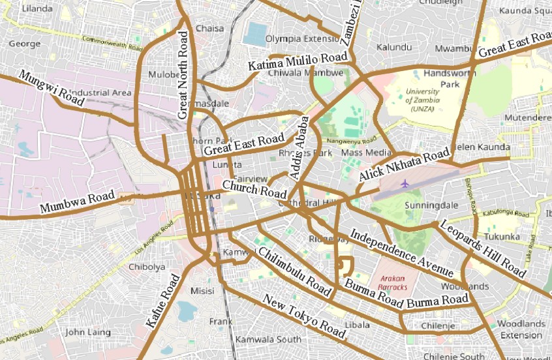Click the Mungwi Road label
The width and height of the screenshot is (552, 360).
point(52,89)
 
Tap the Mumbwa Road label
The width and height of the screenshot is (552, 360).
point(77,203)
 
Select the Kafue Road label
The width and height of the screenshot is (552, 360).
point(162,301)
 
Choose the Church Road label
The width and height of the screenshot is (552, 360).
point(254,190)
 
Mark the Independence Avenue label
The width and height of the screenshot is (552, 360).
point(401,252)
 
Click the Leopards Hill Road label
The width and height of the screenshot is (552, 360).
point(482,248)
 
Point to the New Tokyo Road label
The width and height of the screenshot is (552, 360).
point(303,316)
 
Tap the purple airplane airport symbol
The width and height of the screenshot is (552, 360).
point(405,183)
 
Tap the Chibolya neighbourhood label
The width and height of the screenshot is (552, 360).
point(147,267)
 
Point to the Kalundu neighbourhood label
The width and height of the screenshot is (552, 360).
point(395,48)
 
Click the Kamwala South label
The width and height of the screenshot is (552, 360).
point(268,339)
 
